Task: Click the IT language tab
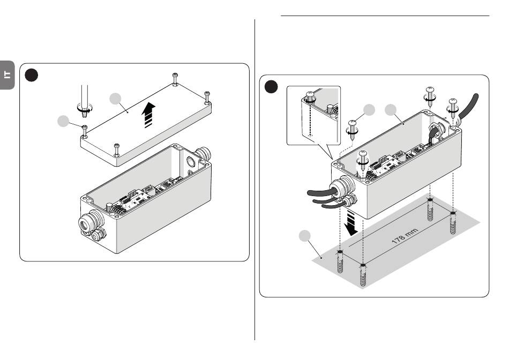[7, 75]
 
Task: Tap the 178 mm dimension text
[405, 236]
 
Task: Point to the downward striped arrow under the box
[350, 223]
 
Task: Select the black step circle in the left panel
[32, 75]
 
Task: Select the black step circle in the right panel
[271, 87]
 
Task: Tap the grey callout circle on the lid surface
[115, 99]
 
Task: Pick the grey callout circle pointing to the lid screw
[63, 121]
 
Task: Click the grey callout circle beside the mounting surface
[304, 236]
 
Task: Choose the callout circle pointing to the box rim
[391, 110]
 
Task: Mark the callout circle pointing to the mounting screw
[369, 110]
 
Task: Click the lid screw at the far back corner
[175, 79]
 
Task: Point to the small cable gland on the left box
[99, 235]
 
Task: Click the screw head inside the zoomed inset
[310, 96]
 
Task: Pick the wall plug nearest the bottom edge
[363, 275]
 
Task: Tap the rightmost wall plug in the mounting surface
[453, 223]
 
